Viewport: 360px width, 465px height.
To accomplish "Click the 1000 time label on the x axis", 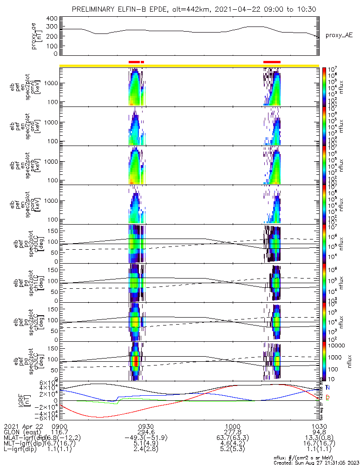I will [x=232, y=426].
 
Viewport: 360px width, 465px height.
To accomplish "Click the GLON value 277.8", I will [x=232, y=432].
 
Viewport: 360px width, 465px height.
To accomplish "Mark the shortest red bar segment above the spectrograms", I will [x=142, y=61].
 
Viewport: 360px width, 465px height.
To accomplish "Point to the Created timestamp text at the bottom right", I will [x=316, y=463].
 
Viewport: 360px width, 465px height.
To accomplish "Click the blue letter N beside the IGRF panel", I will [x=328, y=387].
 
